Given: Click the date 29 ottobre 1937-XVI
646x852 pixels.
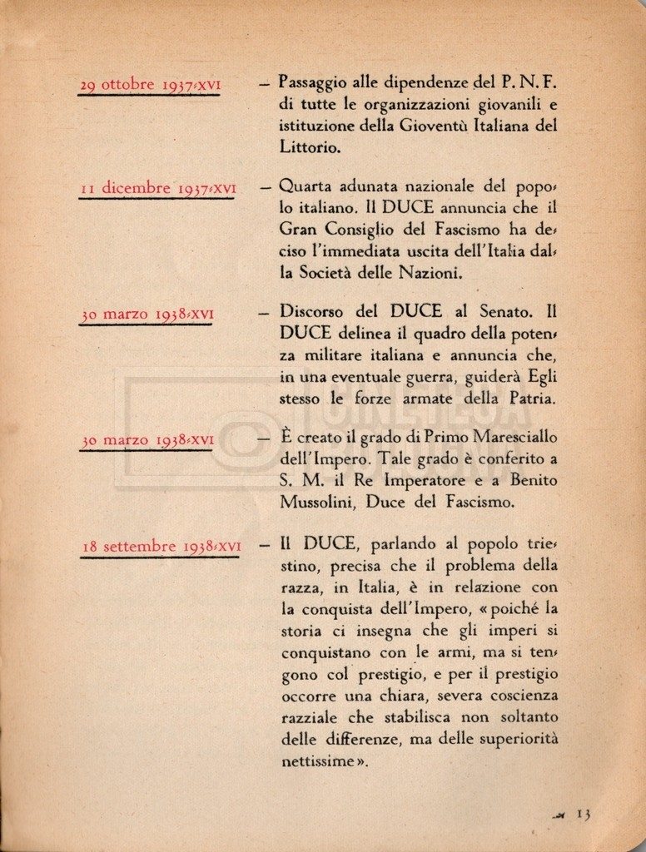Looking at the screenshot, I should pyautogui.click(x=150, y=85).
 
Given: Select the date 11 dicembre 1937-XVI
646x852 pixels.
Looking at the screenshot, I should pyautogui.click(x=158, y=188).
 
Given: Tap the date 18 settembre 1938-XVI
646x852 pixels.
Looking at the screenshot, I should pyautogui.click(x=161, y=547).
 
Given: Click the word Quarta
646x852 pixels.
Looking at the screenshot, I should pyautogui.click(x=306, y=186).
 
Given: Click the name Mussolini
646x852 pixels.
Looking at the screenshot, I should pyautogui.click(x=322, y=502).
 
